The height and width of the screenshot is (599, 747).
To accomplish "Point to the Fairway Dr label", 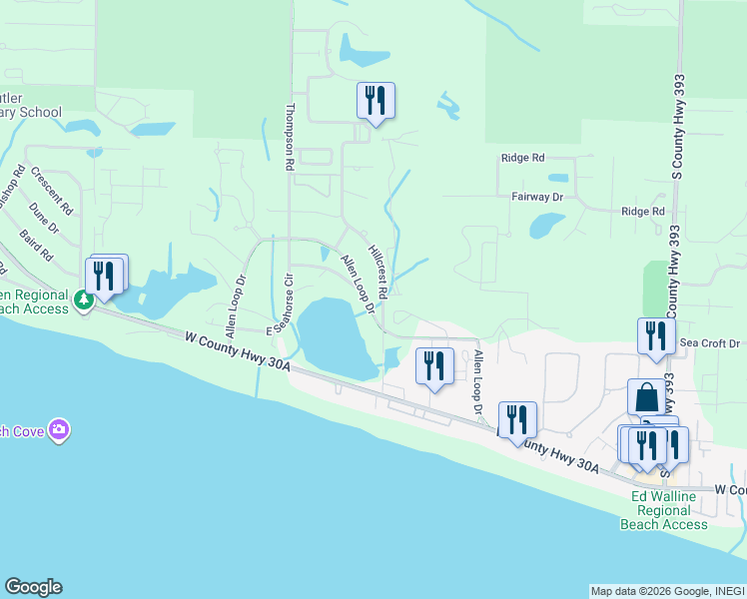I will pyautogui.click(x=538, y=198).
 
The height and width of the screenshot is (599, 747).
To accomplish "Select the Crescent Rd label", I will pyautogui.click(x=52, y=191).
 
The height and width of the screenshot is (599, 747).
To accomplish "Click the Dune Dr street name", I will pyautogui.click(x=44, y=218).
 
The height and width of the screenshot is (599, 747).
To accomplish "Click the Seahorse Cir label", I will pyautogui.click(x=288, y=305).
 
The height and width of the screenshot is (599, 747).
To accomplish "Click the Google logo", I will pyautogui.click(x=33, y=587).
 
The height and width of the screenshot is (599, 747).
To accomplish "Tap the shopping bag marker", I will pyautogui.click(x=646, y=397).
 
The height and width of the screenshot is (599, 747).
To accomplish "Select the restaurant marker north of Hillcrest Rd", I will pyautogui.click(x=375, y=101).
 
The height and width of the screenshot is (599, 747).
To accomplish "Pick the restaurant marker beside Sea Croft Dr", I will pyautogui.click(x=656, y=335).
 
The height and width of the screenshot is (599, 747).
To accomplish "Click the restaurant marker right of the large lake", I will pyautogui.click(x=433, y=364).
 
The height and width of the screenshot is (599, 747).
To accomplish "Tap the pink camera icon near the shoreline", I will pyautogui.click(x=60, y=430).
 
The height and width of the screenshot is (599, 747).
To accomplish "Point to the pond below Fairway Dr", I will pyautogui.click(x=546, y=225).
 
